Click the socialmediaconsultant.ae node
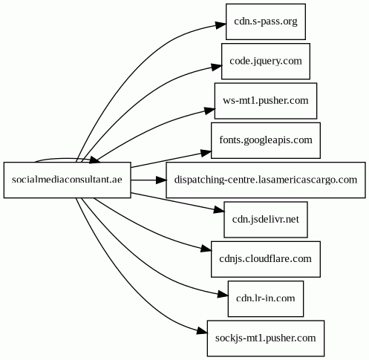[67, 180]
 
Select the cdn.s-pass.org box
[266, 22]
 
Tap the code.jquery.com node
[266, 61]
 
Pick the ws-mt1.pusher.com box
[266, 101]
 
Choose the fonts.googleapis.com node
[266, 140]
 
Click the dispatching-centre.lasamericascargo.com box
[266, 180]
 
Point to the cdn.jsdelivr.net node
[266, 220]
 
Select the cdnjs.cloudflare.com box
[266, 259]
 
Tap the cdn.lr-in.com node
[266, 298]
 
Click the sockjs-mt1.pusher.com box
[266, 338]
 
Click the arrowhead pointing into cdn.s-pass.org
[221, 25]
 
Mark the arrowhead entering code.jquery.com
[216, 67]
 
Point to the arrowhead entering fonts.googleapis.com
[206, 152]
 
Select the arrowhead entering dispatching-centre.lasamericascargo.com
[161, 180]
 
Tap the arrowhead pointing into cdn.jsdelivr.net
[219, 211]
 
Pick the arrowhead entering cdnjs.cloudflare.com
[206, 249]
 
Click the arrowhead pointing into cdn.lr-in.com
[223, 295]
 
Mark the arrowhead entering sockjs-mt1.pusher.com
[202, 331]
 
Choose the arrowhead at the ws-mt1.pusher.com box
[209, 110]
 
